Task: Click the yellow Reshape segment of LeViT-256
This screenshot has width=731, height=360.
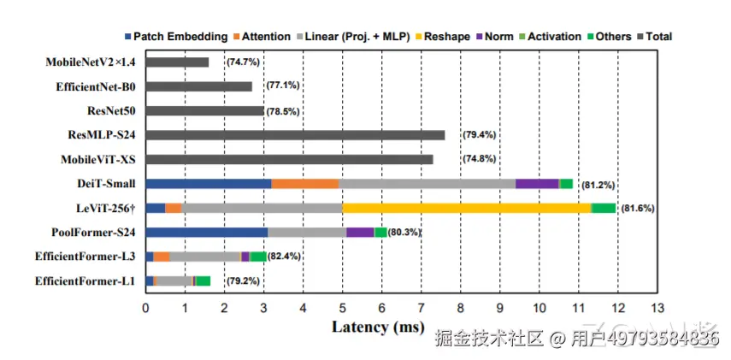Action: point(467,208)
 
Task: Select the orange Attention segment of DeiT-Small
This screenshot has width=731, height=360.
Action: point(305,184)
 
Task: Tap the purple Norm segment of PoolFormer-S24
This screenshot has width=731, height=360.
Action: point(360,233)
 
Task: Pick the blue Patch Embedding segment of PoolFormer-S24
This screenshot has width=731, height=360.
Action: point(207,233)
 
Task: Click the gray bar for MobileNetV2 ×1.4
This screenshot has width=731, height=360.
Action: point(177,62)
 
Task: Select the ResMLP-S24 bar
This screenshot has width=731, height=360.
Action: point(295,135)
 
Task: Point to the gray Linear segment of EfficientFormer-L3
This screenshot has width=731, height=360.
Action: point(204,257)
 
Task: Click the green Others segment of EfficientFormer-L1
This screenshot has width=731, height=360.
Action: point(203,280)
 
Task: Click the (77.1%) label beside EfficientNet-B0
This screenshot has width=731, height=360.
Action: point(283,86)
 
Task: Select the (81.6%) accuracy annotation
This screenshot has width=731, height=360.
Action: point(638,209)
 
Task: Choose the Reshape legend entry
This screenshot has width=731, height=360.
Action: point(442,37)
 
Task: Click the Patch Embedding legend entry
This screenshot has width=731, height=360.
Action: point(176,37)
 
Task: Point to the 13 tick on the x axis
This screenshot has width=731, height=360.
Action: point(657,308)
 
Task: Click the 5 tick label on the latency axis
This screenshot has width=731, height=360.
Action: point(342,308)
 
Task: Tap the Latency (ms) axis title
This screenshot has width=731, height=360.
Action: point(378,327)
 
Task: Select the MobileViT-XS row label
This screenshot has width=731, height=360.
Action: point(98,160)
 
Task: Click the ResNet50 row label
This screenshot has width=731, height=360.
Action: point(111,111)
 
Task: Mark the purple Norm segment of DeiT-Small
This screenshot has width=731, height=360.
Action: point(537,184)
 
